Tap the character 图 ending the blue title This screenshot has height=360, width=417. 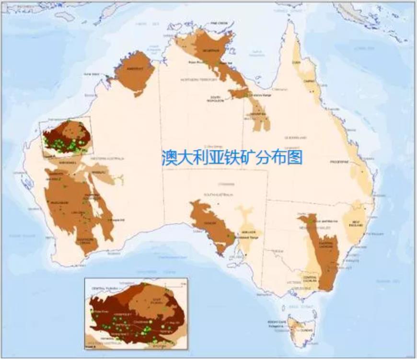point(296,157)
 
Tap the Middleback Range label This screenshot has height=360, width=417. point(248,238)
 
